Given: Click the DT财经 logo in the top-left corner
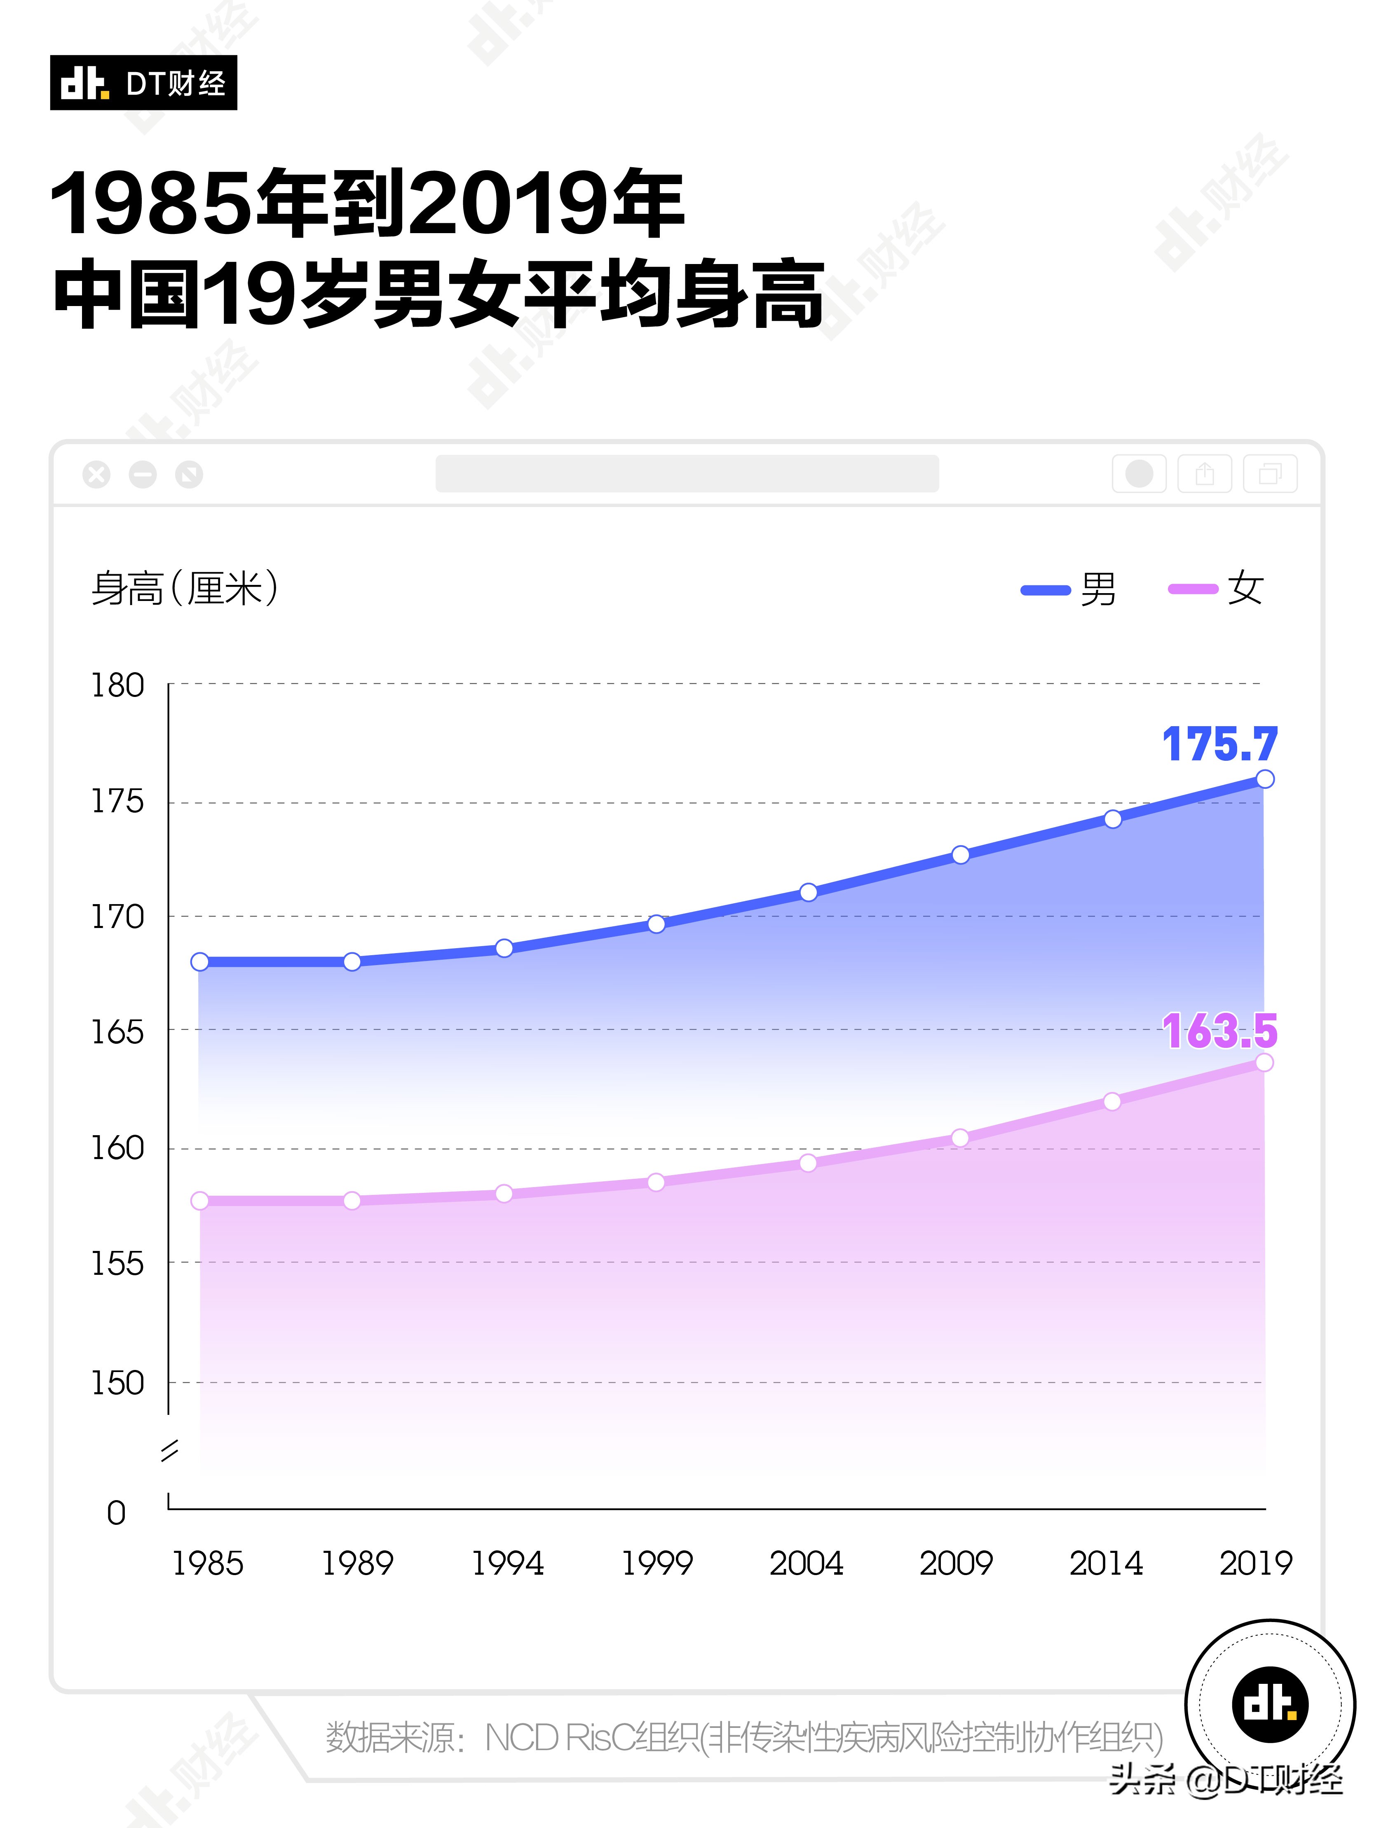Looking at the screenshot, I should [143, 83].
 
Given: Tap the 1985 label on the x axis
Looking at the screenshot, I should [208, 1563].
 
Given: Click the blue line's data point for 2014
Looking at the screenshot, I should [1113, 819].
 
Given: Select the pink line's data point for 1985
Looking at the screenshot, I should [200, 1201].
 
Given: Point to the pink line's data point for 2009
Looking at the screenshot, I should [960, 1138].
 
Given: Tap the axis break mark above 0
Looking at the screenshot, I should [169, 1450].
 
